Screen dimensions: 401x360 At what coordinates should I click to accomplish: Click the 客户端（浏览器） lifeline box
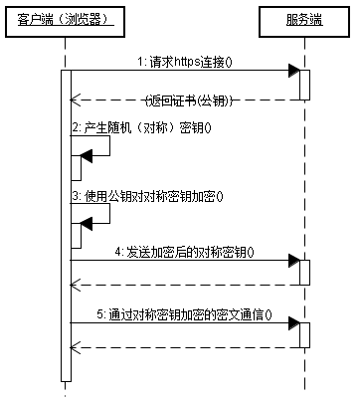pos(66,19)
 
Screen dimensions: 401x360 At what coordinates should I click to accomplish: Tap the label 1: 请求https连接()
pos(184,62)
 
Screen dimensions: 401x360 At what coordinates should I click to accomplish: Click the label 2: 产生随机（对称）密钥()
pos(141,129)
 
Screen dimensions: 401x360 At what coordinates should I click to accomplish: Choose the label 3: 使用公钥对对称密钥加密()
pos(147,196)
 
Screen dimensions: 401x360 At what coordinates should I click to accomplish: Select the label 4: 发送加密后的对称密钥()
pos(184,253)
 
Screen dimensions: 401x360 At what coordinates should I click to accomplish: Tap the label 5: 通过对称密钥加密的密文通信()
pos(185,313)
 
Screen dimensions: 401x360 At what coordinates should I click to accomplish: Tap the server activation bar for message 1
pos(304,85)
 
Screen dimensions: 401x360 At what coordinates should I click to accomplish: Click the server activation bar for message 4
pos(304,273)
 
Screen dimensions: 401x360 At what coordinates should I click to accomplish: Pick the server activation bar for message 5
pos(304,334)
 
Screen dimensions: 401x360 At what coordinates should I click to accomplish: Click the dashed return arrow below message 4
pos(184,286)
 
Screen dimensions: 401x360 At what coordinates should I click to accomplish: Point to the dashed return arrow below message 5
pos(184,347)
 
